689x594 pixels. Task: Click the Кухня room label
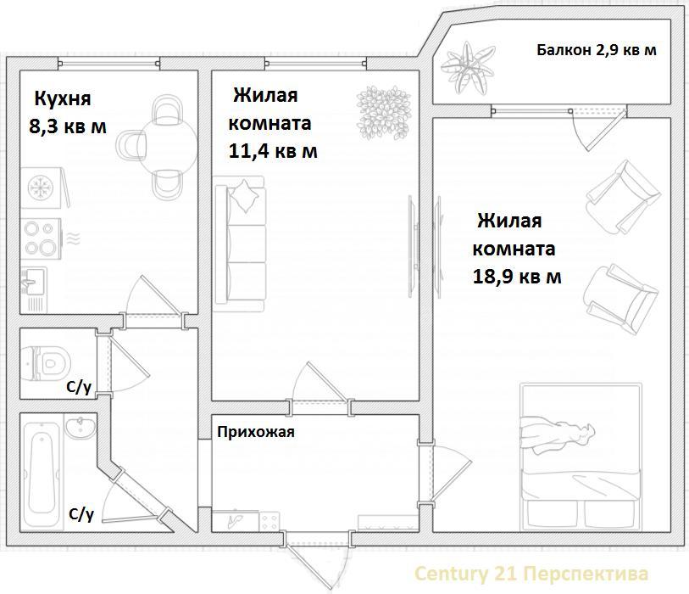[63, 99]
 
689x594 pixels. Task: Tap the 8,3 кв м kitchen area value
[68, 126]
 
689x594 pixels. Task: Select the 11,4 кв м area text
[273, 151]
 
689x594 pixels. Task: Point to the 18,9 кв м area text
[517, 277]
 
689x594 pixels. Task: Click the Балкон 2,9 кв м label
[597, 50]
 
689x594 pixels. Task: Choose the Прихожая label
[256, 433]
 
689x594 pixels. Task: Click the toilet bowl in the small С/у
[46, 363]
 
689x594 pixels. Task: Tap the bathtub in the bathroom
[42, 474]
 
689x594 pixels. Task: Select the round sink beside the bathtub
[81, 427]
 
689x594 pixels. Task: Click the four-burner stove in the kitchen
[41, 238]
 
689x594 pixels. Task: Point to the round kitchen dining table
[167, 148]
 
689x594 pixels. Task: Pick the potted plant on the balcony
[468, 68]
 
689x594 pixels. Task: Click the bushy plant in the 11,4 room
[383, 113]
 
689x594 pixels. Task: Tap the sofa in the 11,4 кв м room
[240, 244]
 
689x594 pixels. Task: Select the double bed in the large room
[581, 457]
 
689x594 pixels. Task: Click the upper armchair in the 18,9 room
[623, 198]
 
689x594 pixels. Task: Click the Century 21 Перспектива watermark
[531, 574]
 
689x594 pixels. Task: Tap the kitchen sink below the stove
[33, 281]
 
